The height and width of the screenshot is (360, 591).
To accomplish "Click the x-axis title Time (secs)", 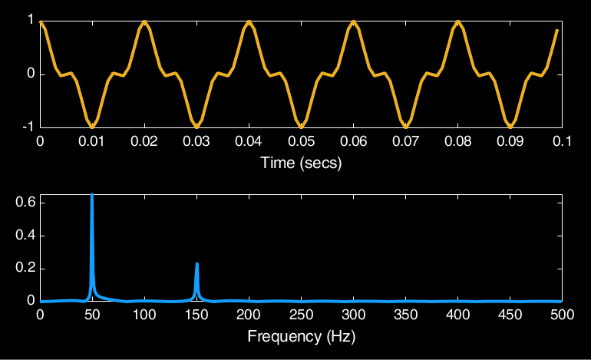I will click(x=301, y=163).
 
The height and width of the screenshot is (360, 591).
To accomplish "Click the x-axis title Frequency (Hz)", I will click(x=301, y=336).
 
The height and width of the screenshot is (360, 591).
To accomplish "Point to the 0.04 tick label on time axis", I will click(x=249, y=142).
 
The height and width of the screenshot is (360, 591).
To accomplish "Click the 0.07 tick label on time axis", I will click(x=405, y=142).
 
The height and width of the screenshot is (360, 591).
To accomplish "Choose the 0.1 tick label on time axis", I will click(x=562, y=142).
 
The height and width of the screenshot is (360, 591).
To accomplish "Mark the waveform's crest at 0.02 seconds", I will click(x=144, y=23).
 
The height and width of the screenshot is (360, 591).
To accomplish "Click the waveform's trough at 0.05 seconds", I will click(x=301, y=125).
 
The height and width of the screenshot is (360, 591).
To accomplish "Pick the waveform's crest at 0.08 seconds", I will click(x=457, y=23).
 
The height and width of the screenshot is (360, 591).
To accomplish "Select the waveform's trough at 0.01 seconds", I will click(x=92, y=125).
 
